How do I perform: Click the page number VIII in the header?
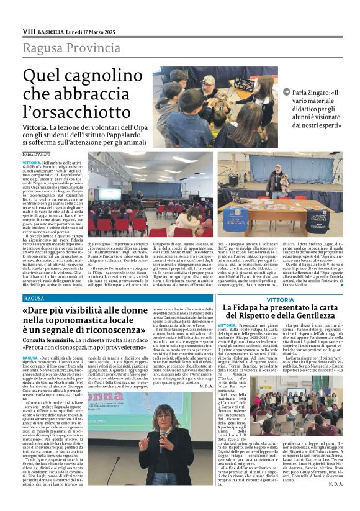coord(29,30)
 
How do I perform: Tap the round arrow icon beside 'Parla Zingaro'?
coord(286,92)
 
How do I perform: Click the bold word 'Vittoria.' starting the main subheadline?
coord(37,126)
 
